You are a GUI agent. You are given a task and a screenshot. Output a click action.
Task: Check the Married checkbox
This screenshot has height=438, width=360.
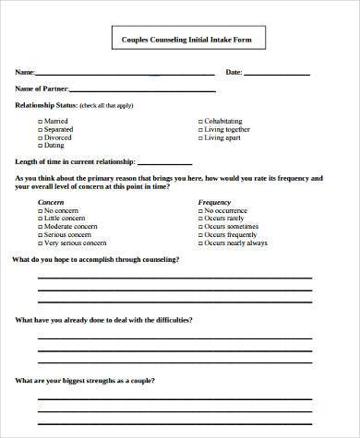[41, 121]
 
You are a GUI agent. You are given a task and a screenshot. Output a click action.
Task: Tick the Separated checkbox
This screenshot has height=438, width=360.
[41, 129]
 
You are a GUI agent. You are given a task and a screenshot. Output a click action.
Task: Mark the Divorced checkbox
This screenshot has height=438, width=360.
[41, 137]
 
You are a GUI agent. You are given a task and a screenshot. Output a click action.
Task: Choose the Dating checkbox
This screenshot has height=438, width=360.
[41, 146]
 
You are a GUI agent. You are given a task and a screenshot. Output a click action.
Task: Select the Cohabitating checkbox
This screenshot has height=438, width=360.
[201, 121]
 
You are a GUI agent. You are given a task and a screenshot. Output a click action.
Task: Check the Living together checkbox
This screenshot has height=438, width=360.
[201, 129]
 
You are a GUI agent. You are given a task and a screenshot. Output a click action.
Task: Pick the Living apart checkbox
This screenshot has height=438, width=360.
[201, 137]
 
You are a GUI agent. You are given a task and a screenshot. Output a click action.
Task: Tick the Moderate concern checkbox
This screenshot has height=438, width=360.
[41, 226]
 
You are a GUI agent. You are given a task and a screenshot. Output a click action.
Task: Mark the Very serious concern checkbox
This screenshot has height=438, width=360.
[41, 243]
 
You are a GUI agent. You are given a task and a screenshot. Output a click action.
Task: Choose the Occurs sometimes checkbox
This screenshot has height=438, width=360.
[201, 226]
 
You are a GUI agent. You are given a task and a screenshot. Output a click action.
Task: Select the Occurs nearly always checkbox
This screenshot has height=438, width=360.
[201, 243]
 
